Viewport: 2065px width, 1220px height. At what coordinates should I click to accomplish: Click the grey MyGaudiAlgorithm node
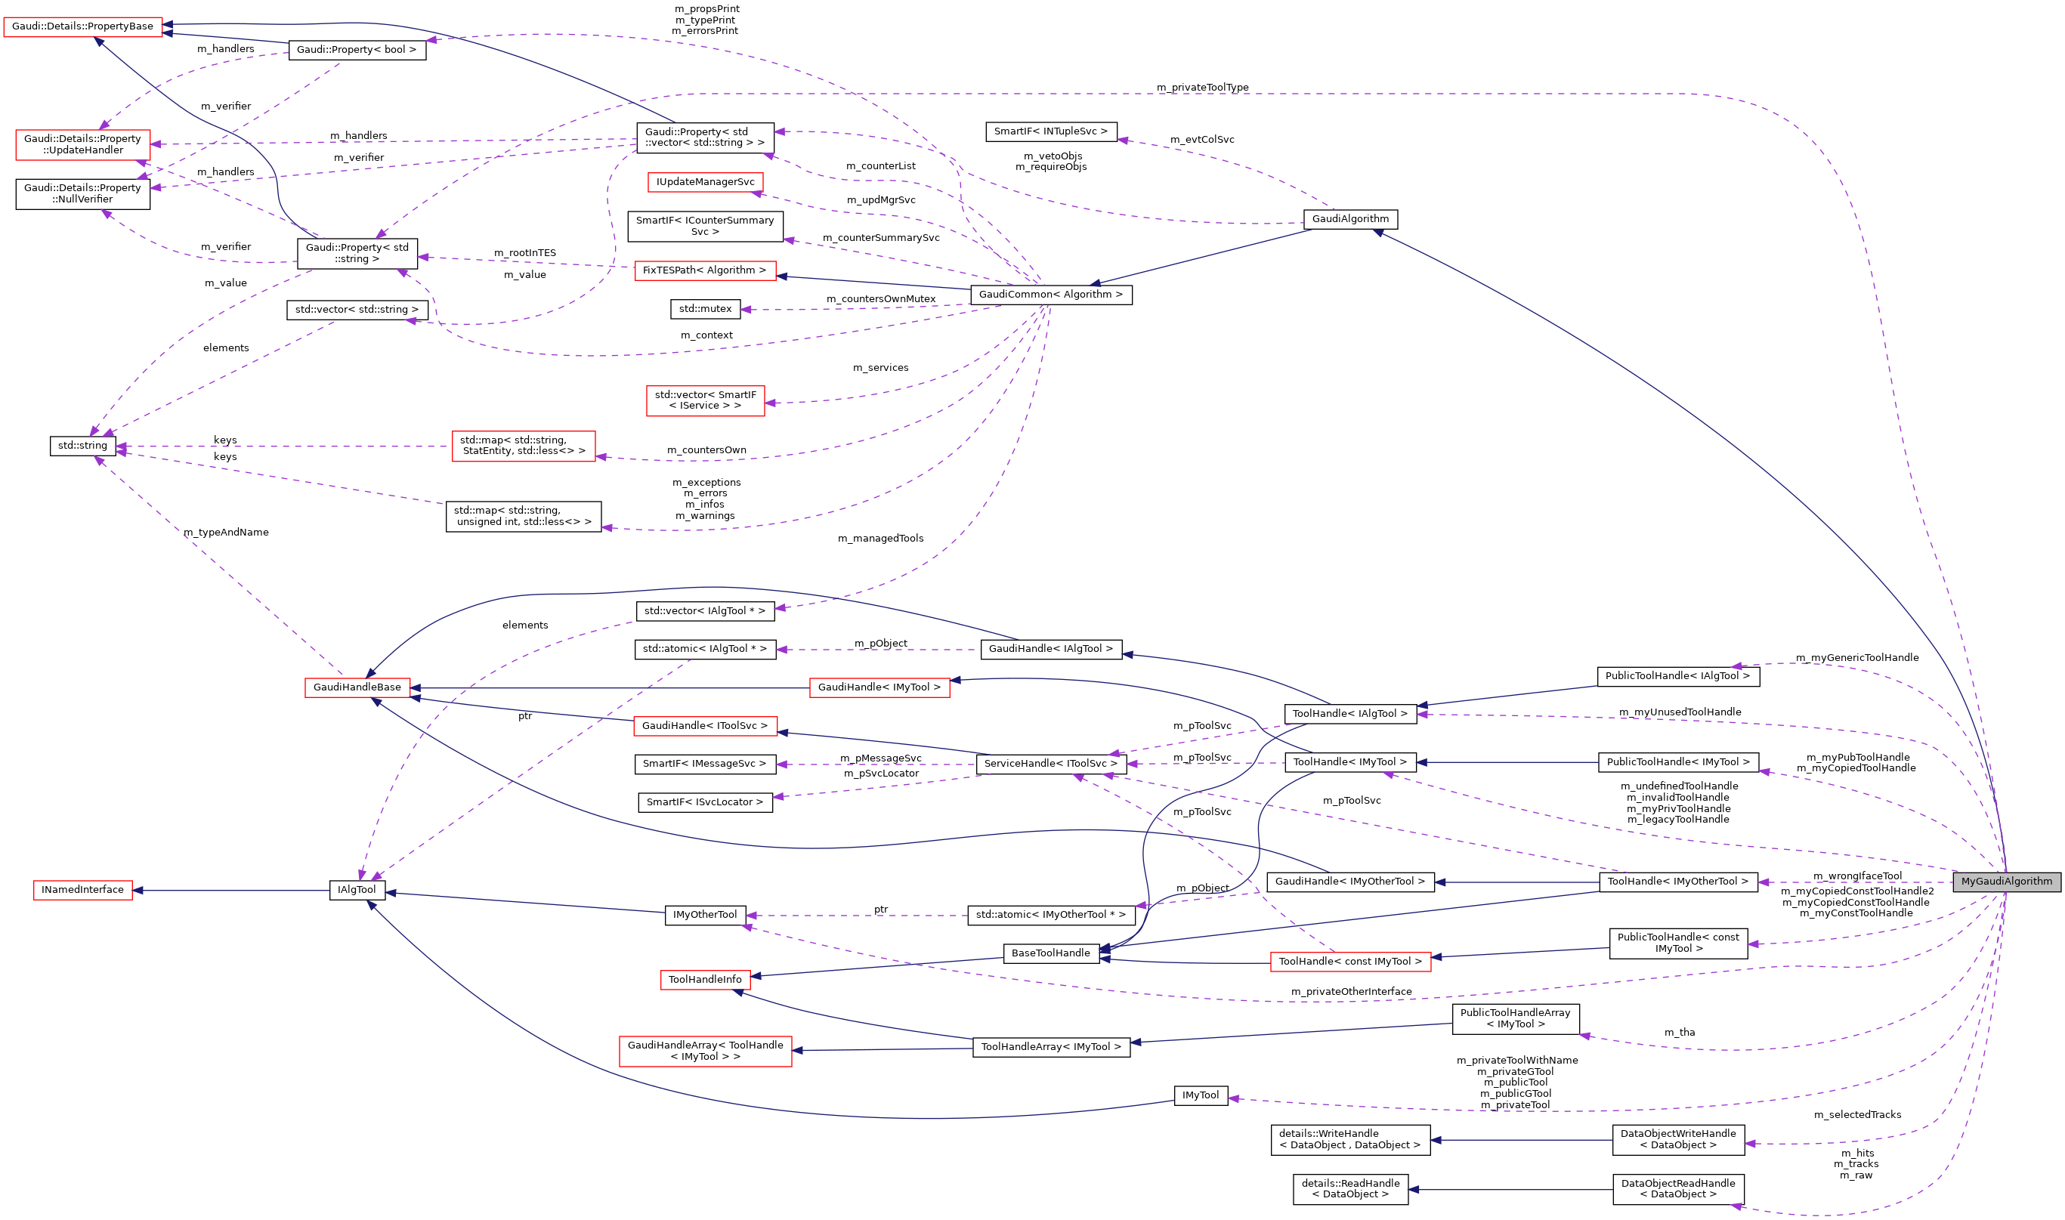point(2006,882)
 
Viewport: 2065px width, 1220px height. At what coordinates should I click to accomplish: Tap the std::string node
point(82,446)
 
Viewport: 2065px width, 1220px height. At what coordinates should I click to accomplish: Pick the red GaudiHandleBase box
point(357,687)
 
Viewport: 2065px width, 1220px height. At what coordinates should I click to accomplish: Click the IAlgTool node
point(357,890)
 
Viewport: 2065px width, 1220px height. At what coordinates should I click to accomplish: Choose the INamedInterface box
point(82,890)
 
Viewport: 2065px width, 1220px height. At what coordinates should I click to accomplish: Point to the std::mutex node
point(704,309)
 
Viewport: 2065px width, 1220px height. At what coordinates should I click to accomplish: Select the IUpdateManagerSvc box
point(704,182)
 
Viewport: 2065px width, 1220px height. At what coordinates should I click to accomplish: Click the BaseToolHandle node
point(1050,953)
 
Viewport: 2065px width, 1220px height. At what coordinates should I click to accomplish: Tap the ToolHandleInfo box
point(704,979)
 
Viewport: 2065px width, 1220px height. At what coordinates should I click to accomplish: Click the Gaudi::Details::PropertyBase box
point(82,26)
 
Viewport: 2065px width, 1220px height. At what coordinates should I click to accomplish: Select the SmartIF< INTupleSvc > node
point(1050,131)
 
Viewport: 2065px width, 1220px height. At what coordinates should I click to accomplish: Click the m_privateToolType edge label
point(1202,87)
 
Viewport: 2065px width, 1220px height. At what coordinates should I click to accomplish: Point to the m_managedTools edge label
point(880,539)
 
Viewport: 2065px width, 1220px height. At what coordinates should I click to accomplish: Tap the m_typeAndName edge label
point(226,533)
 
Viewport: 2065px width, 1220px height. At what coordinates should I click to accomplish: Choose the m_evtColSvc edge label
point(1202,140)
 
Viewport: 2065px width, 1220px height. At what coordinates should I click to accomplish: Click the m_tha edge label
point(1680,1033)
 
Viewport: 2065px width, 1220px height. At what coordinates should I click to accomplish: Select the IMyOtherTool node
point(704,915)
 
